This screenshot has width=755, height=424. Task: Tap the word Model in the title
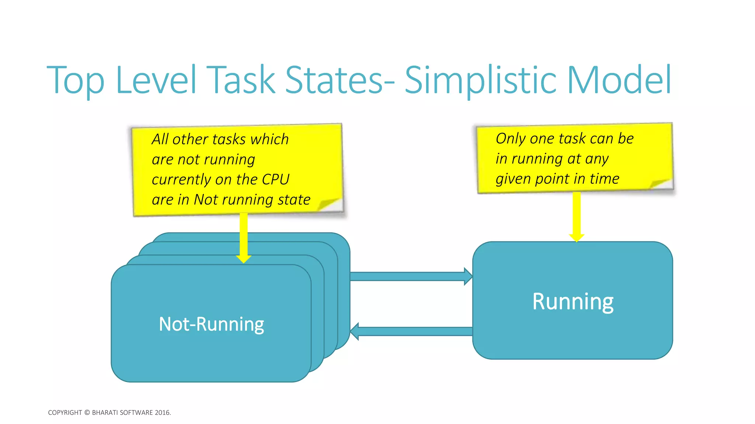[x=619, y=80]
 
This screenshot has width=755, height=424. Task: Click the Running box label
[x=573, y=301]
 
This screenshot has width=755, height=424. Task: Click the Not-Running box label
[x=211, y=324]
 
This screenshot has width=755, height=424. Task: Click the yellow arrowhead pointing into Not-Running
[x=243, y=258]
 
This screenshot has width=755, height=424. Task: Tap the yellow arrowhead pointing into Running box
[x=577, y=237]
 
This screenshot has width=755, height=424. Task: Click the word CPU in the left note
[x=275, y=180]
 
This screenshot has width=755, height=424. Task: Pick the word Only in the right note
[x=510, y=139]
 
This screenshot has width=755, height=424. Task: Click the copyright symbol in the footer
[x=87, y=413]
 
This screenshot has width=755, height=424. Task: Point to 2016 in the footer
[x=162, y=413]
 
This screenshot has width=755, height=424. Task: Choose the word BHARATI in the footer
[x=105, y=413]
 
